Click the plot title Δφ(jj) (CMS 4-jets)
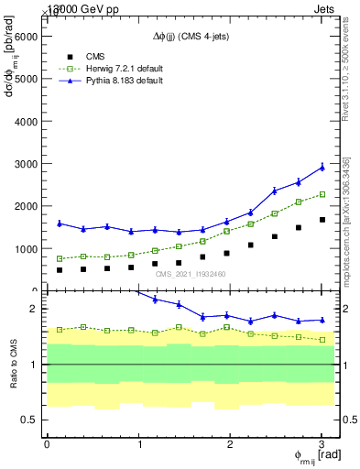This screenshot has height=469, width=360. [x=191, y=36]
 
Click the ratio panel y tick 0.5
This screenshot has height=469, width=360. [x=29, y=420]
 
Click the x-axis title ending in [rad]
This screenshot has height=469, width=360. [x=319, y=456]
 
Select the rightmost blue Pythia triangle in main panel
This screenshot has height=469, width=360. [x=322, y=167]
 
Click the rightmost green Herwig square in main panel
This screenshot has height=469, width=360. [x=322, y=194]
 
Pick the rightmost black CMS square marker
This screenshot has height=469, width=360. [x=322, y=220]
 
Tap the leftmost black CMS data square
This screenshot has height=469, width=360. [x=60, y=270]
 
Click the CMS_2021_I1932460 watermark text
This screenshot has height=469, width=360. [x=191, y=274]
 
